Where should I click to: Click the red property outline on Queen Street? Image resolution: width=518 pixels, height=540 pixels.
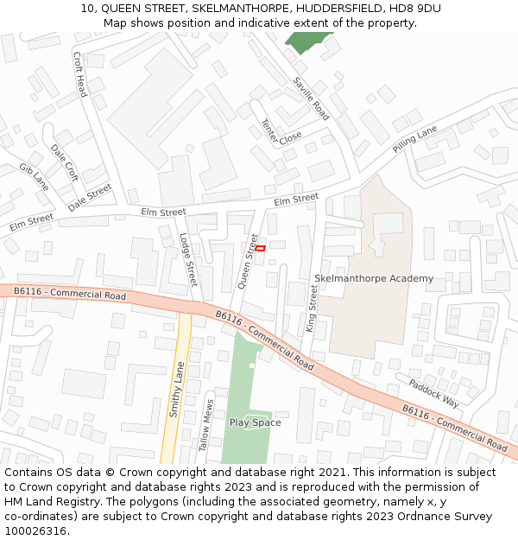tap(260, 249)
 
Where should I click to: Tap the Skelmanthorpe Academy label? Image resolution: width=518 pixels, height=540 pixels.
tap(374, 278)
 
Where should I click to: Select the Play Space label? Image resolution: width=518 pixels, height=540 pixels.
tap(255, 422)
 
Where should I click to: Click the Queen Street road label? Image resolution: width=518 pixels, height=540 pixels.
tap(248, 261)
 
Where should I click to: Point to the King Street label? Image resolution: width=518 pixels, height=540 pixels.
tap(313, 309)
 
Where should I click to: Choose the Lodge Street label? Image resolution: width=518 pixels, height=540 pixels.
tap(187, 260)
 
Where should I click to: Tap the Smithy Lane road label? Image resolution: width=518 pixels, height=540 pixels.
tap(176, 389)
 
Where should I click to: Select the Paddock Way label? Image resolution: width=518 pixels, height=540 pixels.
tap(433, 393)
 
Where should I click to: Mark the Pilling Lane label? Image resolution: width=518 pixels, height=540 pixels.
tap(415, 138)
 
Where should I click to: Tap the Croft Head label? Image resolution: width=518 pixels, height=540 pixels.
tap(79, 74)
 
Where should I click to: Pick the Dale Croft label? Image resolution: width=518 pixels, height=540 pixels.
tap(64, 162)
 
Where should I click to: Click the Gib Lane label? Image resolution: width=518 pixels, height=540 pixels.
tap(34, 176)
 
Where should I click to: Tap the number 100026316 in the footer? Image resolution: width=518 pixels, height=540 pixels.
tap(36, 531)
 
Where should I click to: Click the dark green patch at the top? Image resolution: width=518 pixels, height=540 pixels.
tap(306, 41)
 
